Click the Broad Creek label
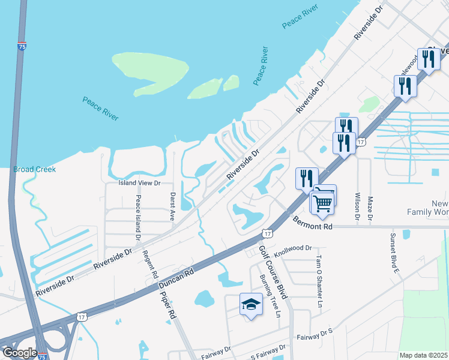[34, 169]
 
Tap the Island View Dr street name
[140, 183]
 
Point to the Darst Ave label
[172, 206]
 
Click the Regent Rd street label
[149, 264]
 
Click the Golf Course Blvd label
[274, 268]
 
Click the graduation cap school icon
[251, 305]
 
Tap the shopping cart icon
[322, 203]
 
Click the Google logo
[20, 353]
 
